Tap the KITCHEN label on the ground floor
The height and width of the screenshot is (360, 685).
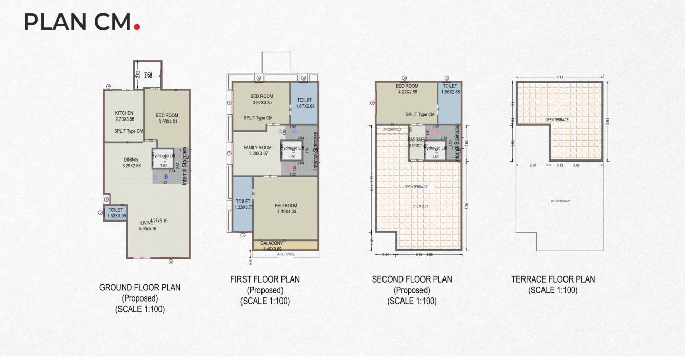[124, 113]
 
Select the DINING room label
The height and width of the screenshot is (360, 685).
[131, 159]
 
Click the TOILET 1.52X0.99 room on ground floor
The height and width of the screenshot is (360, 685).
[116, 212]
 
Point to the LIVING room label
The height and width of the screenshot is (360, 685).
[147, 223]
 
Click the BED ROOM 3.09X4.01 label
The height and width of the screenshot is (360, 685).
[167, 115]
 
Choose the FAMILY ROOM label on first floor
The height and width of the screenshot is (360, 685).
[257, 147]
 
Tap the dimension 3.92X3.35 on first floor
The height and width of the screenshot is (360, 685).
[262, 103]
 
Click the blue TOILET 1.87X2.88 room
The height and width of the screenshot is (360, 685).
[304, 103]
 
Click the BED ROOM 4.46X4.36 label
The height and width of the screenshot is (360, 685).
[286, 205]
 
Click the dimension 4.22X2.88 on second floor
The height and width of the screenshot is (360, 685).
[407, 92]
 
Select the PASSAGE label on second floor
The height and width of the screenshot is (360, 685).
[417, 139]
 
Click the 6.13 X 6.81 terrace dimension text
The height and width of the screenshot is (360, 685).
[420, 206]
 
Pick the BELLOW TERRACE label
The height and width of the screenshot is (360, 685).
[560, 201]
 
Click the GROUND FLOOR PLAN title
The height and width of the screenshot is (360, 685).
[140, 287]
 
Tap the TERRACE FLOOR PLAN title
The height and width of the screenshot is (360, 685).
[553, 279]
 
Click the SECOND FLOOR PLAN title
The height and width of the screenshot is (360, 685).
[412, 279]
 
